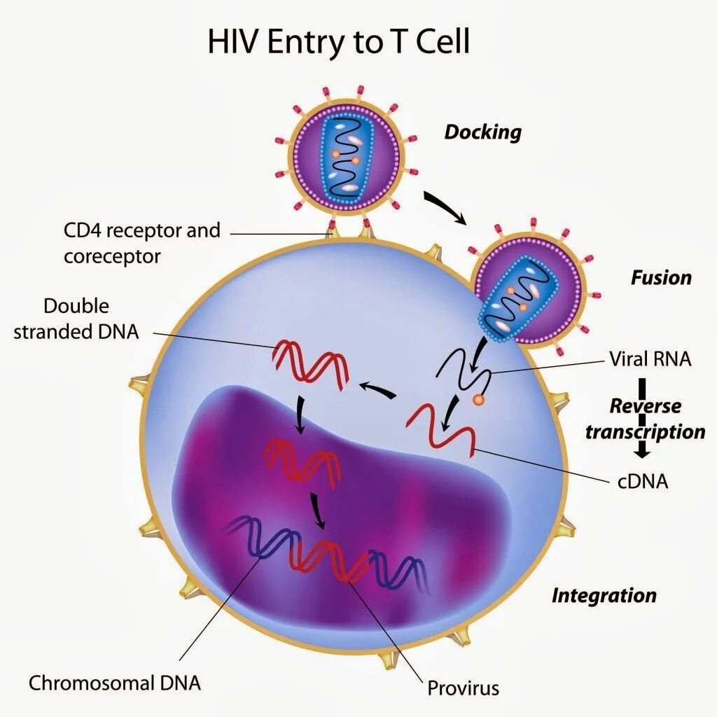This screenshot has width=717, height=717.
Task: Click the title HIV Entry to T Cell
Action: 338,43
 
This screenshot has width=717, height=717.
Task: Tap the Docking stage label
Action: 482,132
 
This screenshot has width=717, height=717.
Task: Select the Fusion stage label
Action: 660,277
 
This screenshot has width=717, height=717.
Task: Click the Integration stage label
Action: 604,595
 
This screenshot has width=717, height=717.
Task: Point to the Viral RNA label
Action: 650,359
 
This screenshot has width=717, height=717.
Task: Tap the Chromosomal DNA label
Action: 115,682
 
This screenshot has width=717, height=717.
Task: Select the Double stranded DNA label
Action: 76,319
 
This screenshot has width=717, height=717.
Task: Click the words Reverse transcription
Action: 645,419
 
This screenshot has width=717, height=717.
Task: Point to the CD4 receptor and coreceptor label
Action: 141,243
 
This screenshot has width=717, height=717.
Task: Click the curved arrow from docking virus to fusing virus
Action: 446,207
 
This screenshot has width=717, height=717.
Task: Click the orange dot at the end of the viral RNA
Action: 478,400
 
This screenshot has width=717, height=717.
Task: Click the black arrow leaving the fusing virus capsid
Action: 477,356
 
